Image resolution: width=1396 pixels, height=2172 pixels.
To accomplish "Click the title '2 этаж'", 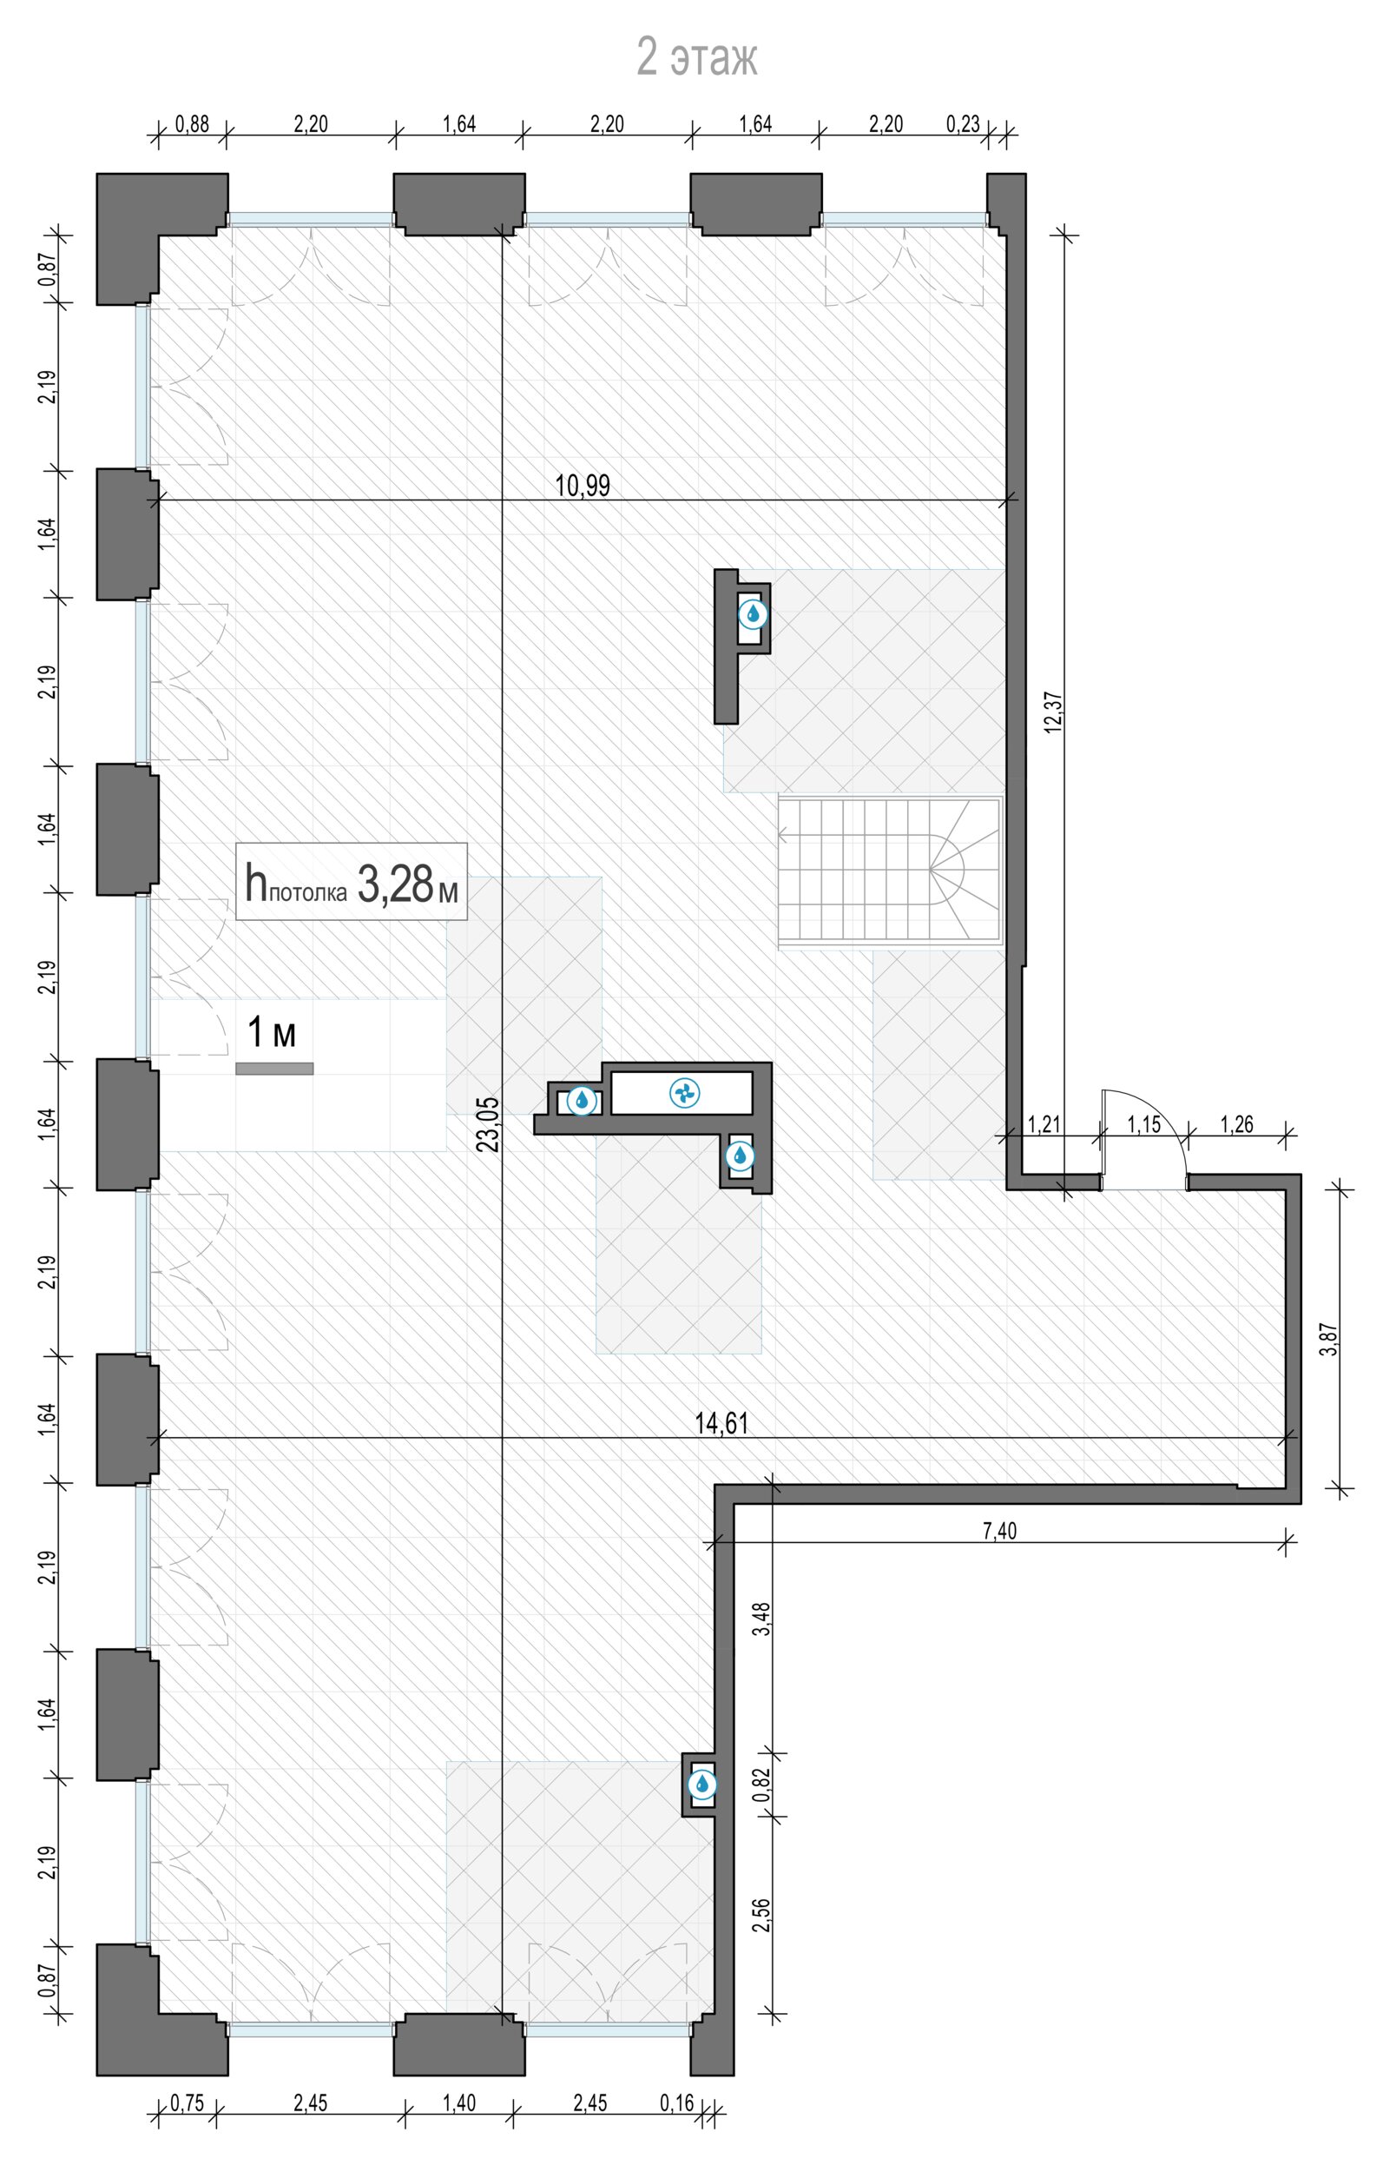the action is (697, 57).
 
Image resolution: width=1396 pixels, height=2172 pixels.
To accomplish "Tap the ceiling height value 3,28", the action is (396, 884).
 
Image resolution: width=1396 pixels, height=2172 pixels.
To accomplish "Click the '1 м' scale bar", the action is (274, 1069).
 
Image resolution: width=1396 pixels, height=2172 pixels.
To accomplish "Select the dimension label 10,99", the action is (583, 486).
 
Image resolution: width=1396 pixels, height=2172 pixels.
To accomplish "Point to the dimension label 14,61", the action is (721, 1423).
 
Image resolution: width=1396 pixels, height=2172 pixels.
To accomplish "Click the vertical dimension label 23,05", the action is (489, 1124).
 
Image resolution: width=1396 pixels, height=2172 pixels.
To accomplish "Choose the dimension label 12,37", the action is (1053, 712).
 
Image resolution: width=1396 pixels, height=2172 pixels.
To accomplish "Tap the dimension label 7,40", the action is (1000, 1531).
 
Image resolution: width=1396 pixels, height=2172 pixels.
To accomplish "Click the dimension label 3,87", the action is (1329, 1340).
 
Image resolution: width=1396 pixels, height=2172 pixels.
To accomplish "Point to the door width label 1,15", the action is (1144, 1124).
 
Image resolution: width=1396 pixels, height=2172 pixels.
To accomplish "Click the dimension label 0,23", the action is (964, 124).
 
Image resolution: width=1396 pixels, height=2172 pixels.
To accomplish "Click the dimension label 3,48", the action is (761, 1619).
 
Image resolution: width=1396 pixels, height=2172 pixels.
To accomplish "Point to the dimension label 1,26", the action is (1236, 1124).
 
